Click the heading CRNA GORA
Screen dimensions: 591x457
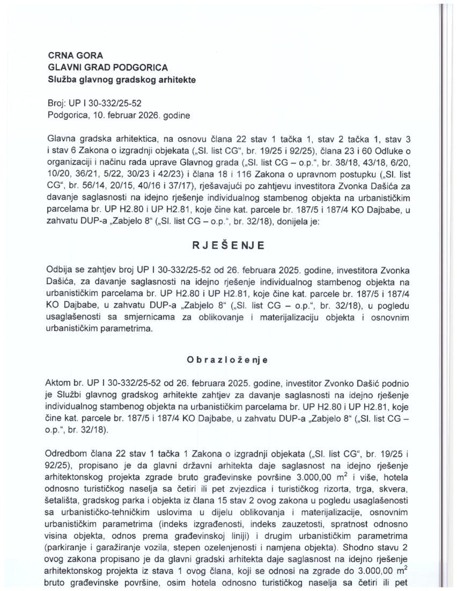point(76,55)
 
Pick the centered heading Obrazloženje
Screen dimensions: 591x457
point(228,360)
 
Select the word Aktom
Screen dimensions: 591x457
point(59,384)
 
